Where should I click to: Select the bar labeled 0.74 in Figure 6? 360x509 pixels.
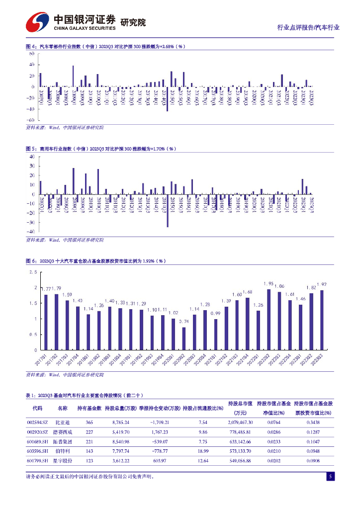184,338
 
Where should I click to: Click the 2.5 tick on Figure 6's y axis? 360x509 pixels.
33,272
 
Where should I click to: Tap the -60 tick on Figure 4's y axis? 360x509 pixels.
30,120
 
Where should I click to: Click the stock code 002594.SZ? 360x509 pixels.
37,422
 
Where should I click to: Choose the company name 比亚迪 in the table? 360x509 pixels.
62,422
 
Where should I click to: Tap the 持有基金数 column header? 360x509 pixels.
90,408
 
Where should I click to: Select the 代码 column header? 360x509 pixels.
37,408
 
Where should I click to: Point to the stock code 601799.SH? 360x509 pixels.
37,461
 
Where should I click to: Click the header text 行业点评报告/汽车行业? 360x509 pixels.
308,27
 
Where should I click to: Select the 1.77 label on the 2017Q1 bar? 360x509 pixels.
45,289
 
